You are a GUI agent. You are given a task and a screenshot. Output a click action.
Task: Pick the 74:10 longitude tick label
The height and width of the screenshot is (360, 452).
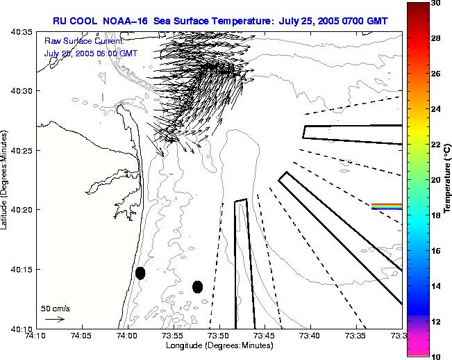pos(35,335)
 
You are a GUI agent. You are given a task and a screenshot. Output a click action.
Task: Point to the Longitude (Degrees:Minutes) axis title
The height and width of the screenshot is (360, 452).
pos(219,345)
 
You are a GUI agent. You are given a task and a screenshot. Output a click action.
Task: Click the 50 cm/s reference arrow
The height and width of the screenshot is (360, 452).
pos(54,319)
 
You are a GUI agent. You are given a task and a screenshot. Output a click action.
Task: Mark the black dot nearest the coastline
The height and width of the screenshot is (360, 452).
pos(140,273)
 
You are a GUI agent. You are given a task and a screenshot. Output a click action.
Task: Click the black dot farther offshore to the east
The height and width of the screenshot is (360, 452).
pos(197,286)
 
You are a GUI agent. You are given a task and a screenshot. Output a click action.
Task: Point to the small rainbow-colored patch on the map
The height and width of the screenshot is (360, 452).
pos(386,206)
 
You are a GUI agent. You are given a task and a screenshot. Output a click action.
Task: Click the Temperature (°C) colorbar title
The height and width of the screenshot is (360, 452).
pos(448,179)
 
